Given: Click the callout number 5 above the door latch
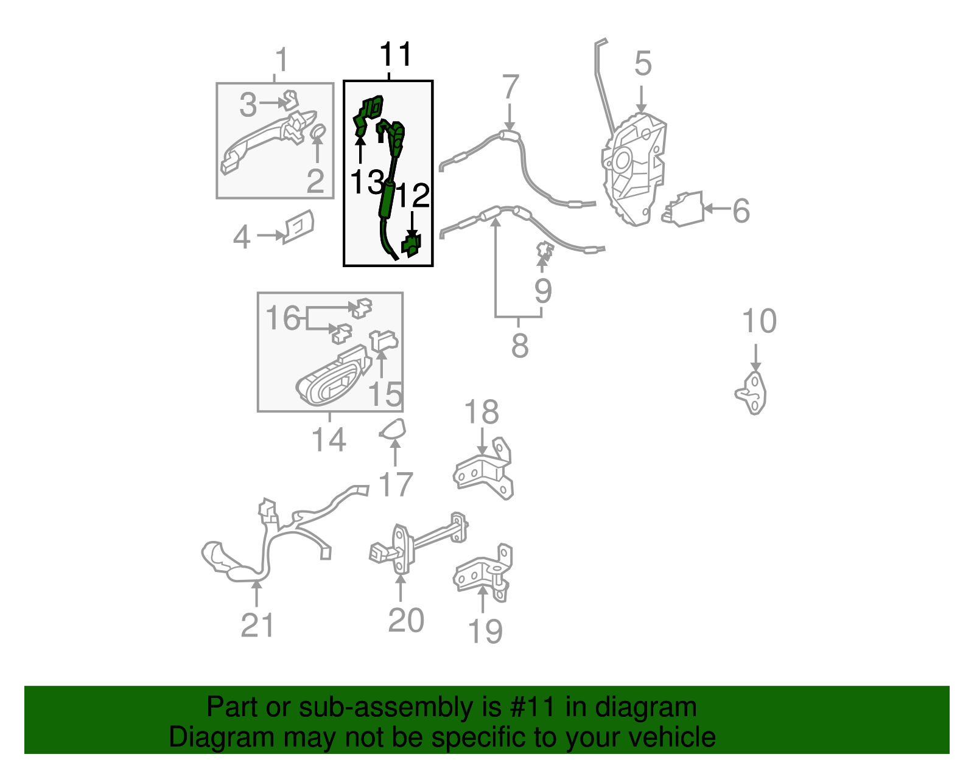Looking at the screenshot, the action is [643, 64].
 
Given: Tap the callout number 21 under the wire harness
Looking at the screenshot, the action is [258, 625].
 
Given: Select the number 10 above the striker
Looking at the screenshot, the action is [759, 321].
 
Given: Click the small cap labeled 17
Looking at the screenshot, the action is [393, 428].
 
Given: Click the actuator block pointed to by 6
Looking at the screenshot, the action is [683, 209].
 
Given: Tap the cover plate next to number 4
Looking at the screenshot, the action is [298, 226].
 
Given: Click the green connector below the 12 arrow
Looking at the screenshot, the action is [412, 245].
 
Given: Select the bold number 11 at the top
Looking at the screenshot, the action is [395, 55].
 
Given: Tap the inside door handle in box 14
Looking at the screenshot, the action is [334, 376].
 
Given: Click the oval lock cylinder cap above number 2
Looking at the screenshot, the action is [318, 131].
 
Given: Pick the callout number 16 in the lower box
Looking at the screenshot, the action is [282, 318].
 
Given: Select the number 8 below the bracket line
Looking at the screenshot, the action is [520, 346].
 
